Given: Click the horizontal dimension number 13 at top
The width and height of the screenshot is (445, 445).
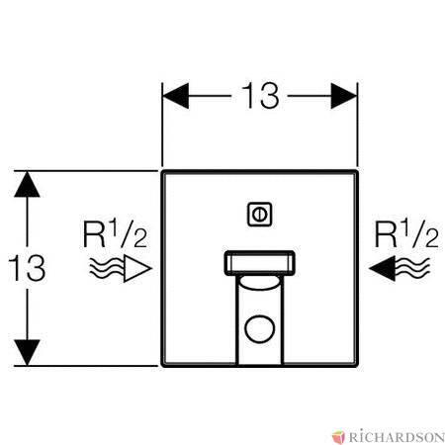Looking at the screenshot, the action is [x=260, y=96].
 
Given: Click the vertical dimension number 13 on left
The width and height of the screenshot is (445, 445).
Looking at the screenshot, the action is [x=27, y=268].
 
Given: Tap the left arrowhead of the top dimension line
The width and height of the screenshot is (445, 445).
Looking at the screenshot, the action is [x=176, y=96].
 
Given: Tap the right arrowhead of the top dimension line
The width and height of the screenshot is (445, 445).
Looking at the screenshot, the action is [x=344, y=96].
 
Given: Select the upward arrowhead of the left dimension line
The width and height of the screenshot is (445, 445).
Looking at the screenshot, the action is [x=27, y=184].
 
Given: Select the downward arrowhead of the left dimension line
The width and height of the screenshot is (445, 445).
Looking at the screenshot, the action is [x=27, y=353].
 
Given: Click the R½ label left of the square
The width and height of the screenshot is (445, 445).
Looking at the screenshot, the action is [x=115, y=234].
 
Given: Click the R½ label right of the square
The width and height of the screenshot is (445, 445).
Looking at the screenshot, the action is [x=406, y=234].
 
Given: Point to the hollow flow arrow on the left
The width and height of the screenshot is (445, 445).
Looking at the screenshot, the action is [x=137, y=268].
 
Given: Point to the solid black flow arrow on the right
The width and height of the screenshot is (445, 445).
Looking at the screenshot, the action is [x=383, y=268].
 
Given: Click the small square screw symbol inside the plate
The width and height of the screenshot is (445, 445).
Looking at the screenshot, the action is [x=260, y=215].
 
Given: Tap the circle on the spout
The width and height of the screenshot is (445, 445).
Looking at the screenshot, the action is [x=260, y=328].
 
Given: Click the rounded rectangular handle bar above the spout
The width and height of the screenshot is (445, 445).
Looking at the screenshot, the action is [x=260, y=263].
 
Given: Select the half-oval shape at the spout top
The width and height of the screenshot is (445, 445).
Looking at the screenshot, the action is [x=260, y=283].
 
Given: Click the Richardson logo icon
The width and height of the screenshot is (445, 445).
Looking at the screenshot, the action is [x=338, y=437].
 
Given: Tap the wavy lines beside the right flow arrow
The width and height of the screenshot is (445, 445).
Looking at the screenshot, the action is [x=412, y=267].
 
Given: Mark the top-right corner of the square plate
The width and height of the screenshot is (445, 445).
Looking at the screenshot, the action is [x=357, y=171].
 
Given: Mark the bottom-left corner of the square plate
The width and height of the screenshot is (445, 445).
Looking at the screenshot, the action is [x=162, y=365].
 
